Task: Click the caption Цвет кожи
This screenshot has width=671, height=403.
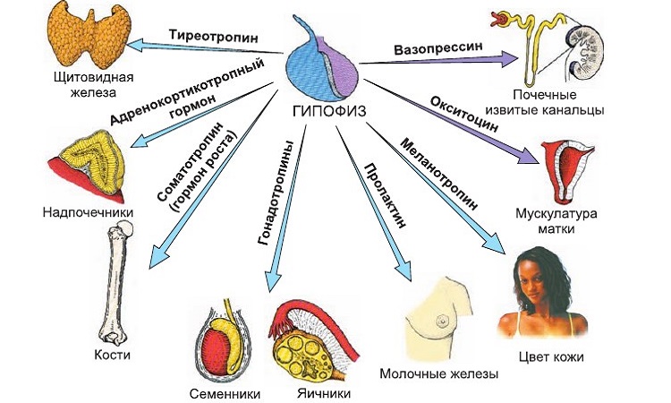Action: point(549,356)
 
